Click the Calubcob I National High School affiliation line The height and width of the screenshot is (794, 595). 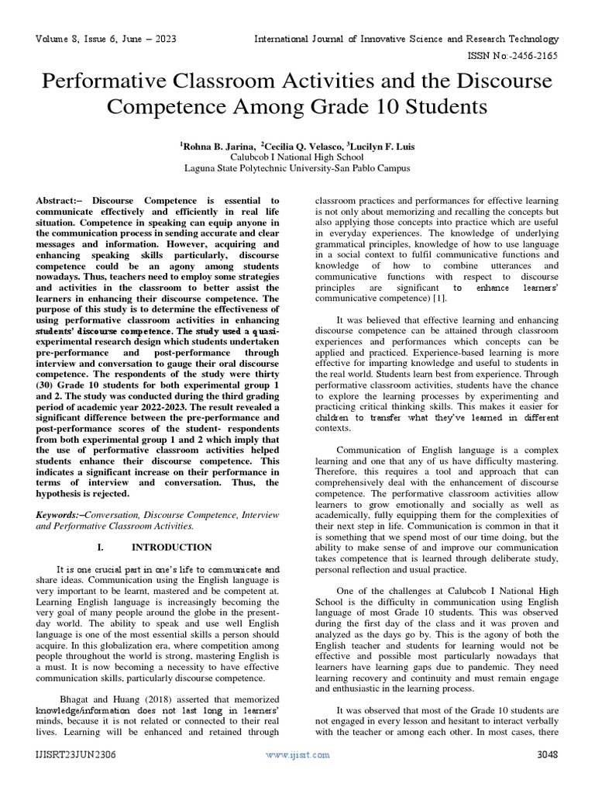[x=297, y=156]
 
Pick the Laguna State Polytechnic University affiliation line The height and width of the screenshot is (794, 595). [x=297, y=167]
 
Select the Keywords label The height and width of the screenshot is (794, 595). [x=60, y=514]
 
